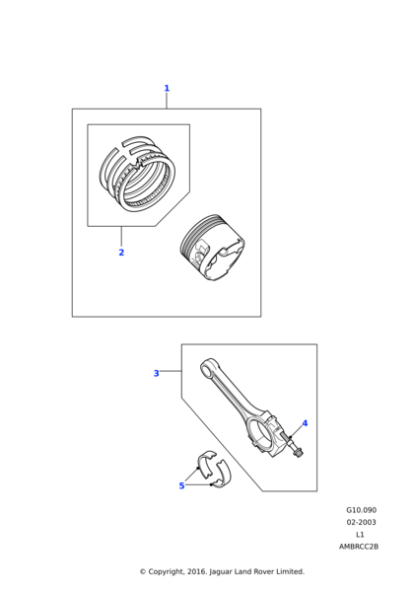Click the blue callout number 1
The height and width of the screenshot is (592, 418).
pyautogui.click(x=167, y=89)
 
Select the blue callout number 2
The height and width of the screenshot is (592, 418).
pyautogui.click(x=121, y=253)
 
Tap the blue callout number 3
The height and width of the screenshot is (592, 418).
pyautogui.click(x=156, y=373)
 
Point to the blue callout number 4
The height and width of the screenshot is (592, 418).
pyautogui.click(x=305, y=423)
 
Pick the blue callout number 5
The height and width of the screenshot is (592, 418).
pyautogui.click(x=181, y=485)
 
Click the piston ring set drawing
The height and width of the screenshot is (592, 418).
pyautogui.click(x=138, y=174)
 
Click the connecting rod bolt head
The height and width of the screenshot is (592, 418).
pyautogui.click(x=299, y=453)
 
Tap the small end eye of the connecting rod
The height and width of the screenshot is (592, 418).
pyautogui.click(x=208, y=368)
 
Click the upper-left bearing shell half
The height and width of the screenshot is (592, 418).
pyautogui.click(x=206, y=464)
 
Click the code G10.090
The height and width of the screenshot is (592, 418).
pyautogui.click(x=362, y=510)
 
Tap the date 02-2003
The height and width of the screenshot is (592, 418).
pyautogui.click(x=362, y=523)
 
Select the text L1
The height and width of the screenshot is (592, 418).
pyautogui.click(x=360, y=535)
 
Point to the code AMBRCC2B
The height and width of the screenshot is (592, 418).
pyautogui.click(x=359, y=547)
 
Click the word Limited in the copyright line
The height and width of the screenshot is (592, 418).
pyautogui.click(x=291, y=571)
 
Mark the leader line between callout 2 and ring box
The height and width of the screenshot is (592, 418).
pyautogui.click(x=121, y=237)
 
